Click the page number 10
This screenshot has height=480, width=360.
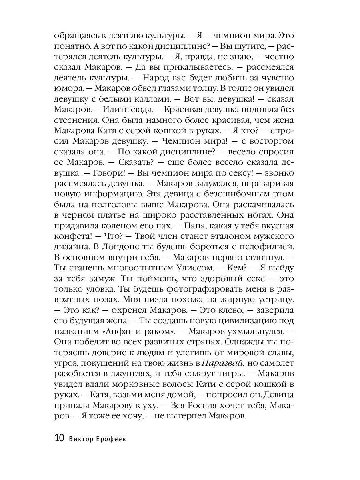click(58, 438)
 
